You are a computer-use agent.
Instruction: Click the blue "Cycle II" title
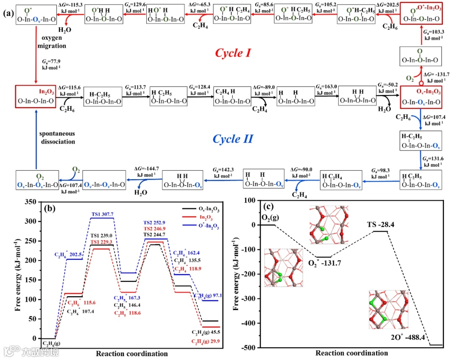[233, 139]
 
